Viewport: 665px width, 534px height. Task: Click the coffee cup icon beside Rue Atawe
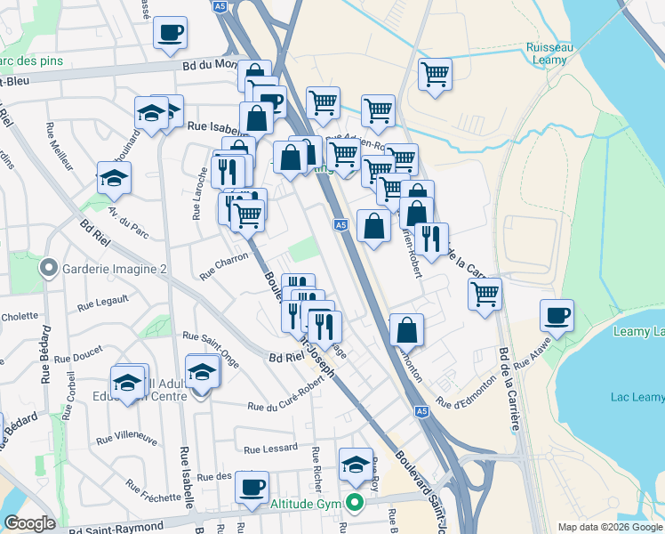(x=557, y=315)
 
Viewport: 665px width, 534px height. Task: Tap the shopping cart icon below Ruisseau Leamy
(x=435, y=74)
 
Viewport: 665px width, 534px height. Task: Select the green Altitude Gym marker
(x=356, y=504)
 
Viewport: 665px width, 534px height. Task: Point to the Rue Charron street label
(x=224, y=269)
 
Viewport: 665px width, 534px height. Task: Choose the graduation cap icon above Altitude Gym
(x=356, y=464)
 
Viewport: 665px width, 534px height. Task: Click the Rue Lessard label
(x=265, y=450)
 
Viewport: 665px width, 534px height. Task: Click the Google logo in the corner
(x=30, y=523)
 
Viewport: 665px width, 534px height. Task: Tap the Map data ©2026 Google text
(x=609, y=527)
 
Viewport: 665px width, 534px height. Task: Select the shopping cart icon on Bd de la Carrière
(x=485, y=294)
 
